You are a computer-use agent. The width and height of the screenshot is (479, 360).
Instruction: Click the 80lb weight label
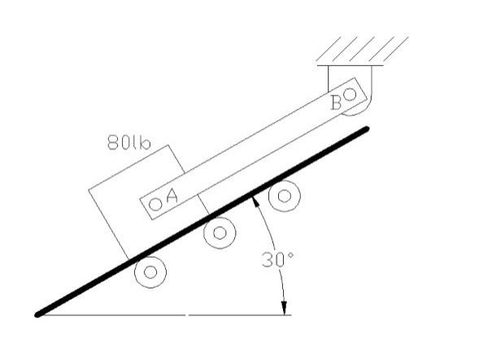click(x=129, y=142)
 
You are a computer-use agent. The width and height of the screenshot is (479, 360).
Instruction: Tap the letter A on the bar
click(x=172, y=196)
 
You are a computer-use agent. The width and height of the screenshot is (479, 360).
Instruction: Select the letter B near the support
click(x=337, y=102)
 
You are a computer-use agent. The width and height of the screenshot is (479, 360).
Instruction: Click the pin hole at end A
click(x=156, y=204)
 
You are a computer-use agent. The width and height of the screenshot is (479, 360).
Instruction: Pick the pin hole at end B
click(x=350, y=94)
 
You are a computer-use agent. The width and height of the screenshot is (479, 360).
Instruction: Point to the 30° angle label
click(x=277, y=260)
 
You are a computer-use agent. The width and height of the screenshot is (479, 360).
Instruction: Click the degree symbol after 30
click(x=290, y=255)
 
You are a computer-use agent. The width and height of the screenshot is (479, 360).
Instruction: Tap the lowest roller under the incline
click(x=150, y=271)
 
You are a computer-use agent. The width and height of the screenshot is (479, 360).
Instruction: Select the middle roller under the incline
click(x=220, y=233)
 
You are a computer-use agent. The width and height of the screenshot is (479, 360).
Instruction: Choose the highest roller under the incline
click(x=285, y=196)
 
